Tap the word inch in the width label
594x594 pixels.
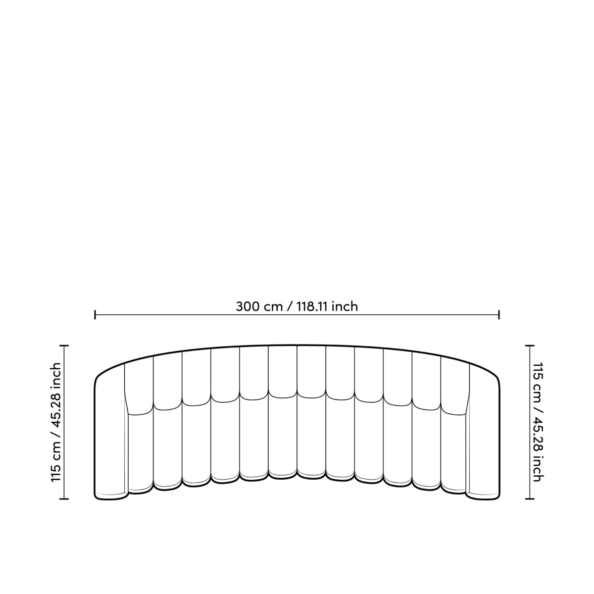point(345,307)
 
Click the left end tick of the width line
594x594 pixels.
point(95,315)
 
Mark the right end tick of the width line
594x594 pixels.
point(499,315)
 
